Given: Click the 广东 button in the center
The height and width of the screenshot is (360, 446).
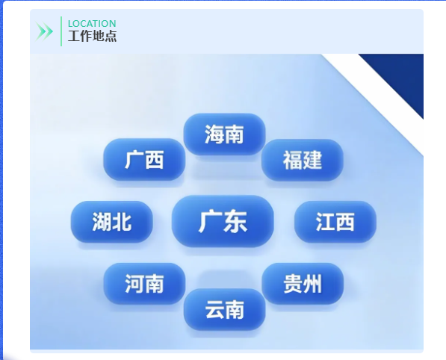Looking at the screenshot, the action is coord(223,221).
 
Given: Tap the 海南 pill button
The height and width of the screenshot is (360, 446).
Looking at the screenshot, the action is coord(224,134).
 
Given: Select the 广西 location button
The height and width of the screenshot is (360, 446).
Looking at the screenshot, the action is coord(144,160).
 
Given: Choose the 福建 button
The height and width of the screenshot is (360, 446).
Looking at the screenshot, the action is coord(303,160).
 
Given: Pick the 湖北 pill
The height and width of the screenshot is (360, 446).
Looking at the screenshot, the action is coord(112,222).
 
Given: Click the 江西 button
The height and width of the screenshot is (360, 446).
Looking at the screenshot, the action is coord(335,222).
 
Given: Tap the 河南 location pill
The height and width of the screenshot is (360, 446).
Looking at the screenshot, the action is coord(144,284).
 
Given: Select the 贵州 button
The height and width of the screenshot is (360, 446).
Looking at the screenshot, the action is coord(303,284).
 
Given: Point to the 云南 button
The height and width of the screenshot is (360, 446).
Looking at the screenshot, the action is coord(225,309).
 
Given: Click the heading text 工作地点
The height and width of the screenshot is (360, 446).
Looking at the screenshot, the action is coord(92,36).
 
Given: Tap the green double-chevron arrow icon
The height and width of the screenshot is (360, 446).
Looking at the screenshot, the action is coord(44,31).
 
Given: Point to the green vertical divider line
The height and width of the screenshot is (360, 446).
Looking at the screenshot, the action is coord(61,31).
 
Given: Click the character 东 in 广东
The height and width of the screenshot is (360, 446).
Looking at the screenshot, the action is coord(235,222).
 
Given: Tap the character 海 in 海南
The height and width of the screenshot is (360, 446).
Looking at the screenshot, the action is coord(214,134).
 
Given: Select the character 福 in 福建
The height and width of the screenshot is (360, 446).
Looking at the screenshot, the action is coord(292,160).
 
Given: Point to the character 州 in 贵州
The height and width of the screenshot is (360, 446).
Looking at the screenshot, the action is coord(312,284).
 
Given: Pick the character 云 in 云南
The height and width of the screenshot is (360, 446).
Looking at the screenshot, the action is coord(214,309).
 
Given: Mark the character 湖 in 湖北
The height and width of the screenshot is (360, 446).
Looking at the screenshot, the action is coord(102,222).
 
